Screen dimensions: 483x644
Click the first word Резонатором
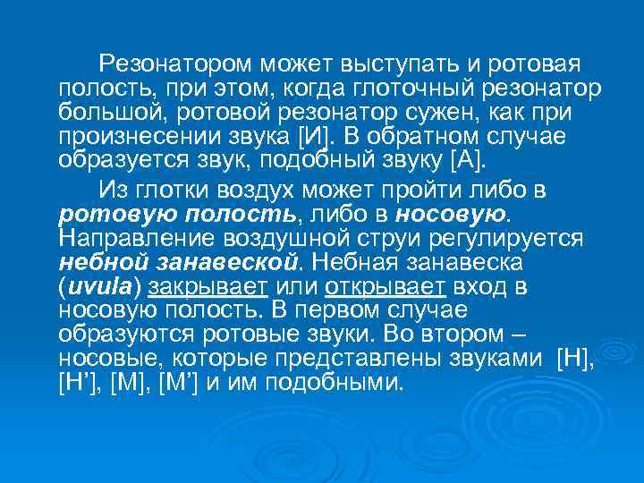point(176,64)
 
